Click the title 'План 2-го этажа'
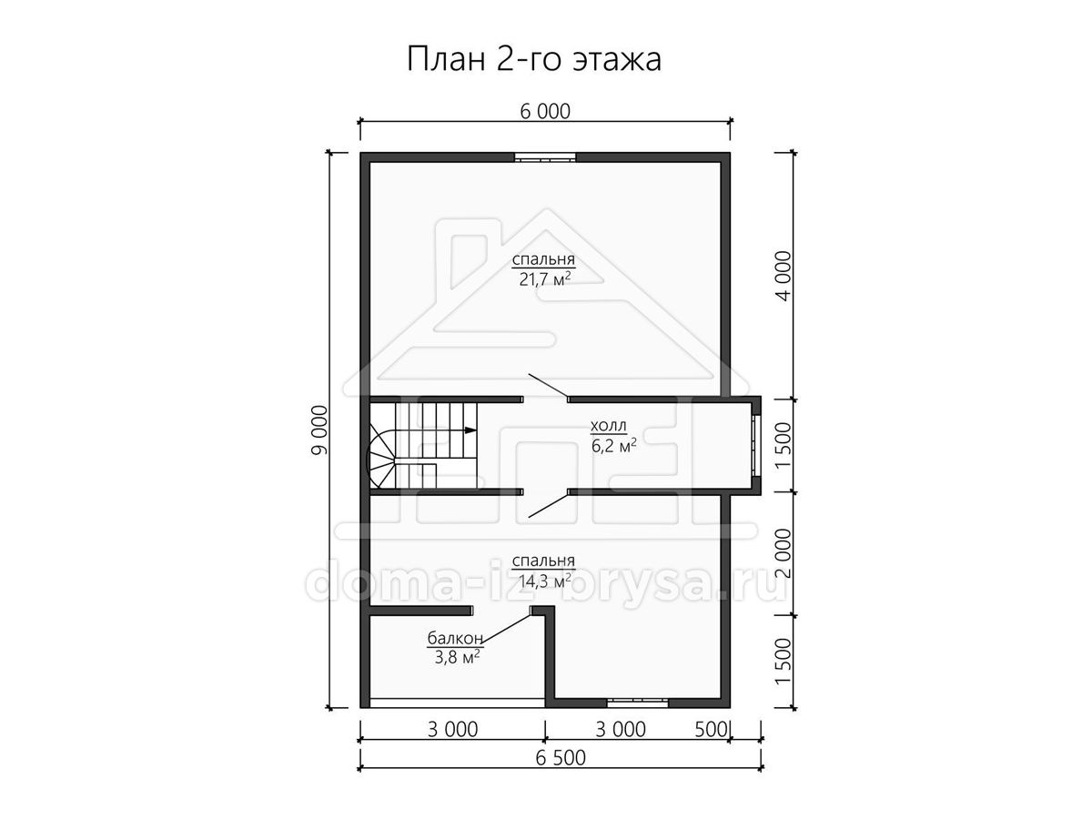coord(534,60)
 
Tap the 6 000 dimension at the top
coord(545,112)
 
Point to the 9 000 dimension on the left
coord(319,430)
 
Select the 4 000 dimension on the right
coord(783,276)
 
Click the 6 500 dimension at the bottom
coord(561,758)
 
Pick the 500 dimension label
coord(712,730)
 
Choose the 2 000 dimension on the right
coord(783,553)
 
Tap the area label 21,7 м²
coord(545,279)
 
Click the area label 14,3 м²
coord(545,581)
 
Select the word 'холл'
coord(608,426)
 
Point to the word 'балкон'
coord(455,638)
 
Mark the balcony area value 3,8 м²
coord(457,657)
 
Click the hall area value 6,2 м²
coord(614,446)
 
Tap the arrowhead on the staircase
coord(470,430)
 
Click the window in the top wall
coord(545,157)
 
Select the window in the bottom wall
coord(637,703)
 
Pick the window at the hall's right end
coord(756,446)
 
